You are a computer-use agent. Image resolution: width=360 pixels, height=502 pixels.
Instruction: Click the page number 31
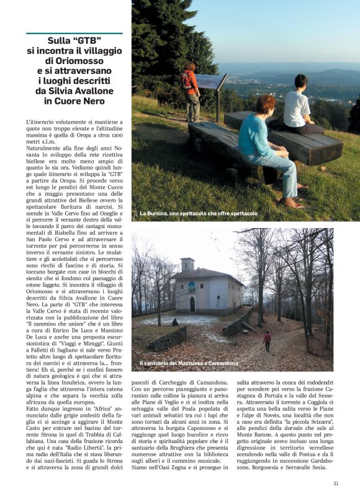point(336,483)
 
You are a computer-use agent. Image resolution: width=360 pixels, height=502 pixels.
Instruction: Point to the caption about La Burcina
point(198,214)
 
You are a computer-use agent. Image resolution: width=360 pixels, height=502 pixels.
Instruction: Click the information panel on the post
point(211,81)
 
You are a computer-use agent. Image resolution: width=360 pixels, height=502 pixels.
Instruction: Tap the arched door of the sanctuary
point(192,304)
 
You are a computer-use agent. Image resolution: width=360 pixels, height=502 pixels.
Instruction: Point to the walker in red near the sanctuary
point(268,340)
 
